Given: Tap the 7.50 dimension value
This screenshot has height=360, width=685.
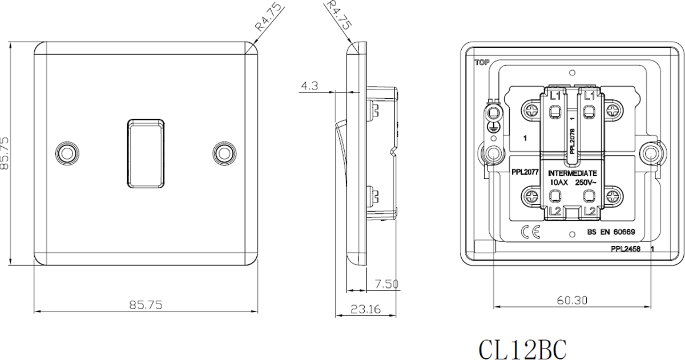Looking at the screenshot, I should (386, 284).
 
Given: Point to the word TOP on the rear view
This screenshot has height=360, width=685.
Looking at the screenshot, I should (481, 63).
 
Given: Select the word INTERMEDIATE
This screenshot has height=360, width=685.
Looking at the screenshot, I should (573, 172).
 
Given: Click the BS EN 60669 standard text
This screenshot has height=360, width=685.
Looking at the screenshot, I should (611, 233).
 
